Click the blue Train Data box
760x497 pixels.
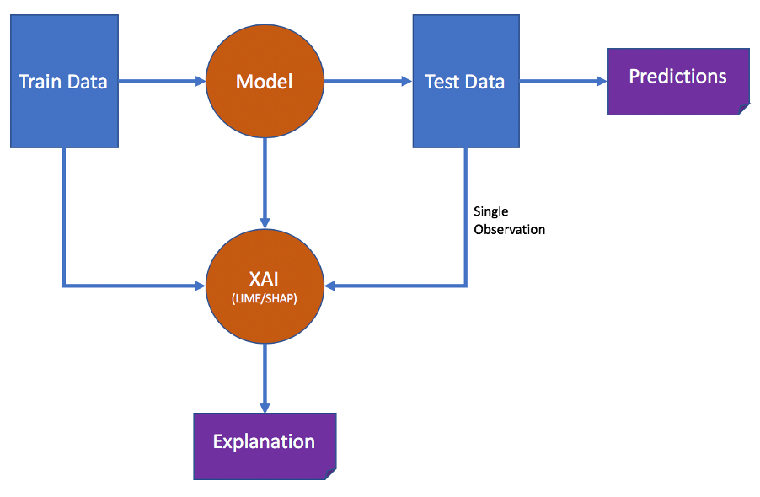tap(64, 110)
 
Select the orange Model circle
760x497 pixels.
tap(265, 82)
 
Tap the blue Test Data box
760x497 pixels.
tap(465, 110)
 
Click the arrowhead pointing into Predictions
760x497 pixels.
tap(602, 82)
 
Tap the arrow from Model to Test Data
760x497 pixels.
tap(367, 82)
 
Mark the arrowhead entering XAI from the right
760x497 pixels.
tap(331, 286)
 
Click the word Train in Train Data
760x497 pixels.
tap(38, 82)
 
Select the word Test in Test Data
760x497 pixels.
tap(442, 82)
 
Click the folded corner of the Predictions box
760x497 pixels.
tap(742, 109)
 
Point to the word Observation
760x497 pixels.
tap(509, 229)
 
